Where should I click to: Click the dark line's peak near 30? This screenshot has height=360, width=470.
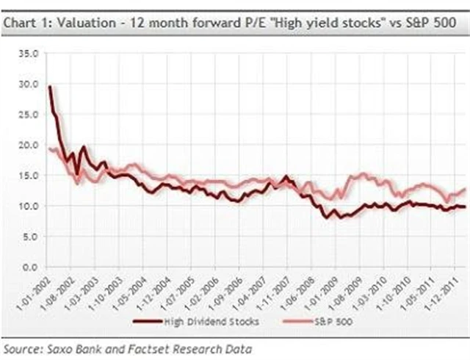(x=50, y=87)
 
